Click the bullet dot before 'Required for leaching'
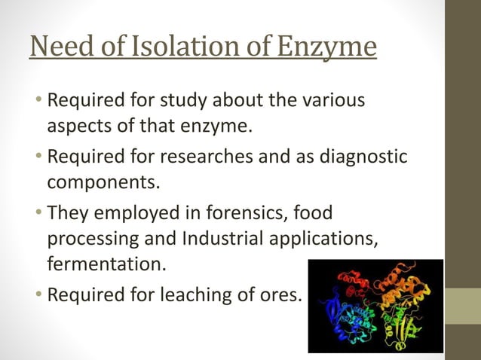click(x=38, y=294)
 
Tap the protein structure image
click(x=375, y=306)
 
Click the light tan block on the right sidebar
click(x=463, y=306)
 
